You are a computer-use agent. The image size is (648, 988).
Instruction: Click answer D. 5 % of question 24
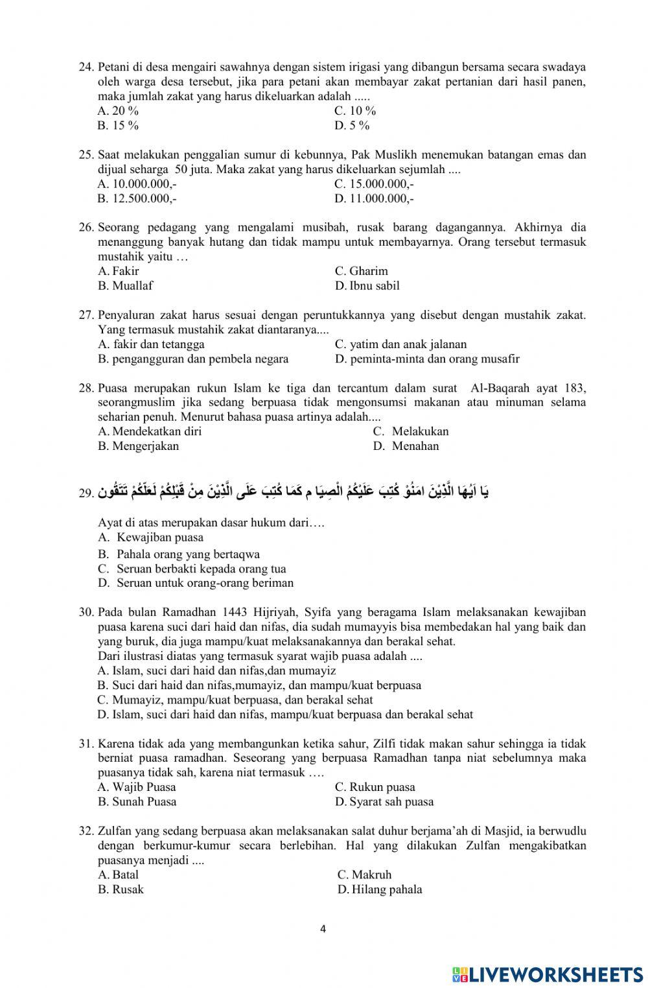pos(352,126)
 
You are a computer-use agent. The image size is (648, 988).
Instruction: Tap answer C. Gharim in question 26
pos(361,271)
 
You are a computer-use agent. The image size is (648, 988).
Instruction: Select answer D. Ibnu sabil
pos(367,286)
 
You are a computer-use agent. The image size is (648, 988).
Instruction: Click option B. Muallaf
pos(126,286)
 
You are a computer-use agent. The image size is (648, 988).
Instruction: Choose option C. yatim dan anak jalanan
pos(400,344)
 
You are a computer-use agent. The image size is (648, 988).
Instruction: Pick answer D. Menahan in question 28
pos(406,446)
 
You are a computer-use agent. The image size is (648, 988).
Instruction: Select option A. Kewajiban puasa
pos(151,537)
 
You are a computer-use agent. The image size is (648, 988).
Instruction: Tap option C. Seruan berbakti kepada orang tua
pos(192,569)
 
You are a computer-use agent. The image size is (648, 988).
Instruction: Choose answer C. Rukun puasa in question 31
pos(375,787)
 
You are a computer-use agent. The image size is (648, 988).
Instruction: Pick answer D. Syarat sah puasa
pos(384,802)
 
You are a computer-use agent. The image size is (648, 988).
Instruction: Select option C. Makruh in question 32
pos(364,875)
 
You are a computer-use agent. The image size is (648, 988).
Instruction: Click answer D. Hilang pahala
pos(380,889)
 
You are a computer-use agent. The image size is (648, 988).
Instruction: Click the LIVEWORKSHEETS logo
pos(547,974)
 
